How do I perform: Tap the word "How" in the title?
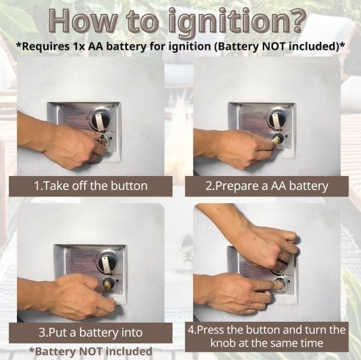(x=83, y=21)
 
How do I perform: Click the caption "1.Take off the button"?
(x=90, y=186)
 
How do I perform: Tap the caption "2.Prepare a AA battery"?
(x=266, y=186)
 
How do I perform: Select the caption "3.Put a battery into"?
(x=90, y=333)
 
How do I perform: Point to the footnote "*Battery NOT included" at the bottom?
(x=90, y=351)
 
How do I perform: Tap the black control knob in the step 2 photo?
(x=277, y=120)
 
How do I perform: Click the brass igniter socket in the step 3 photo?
(x=108, y=284)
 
